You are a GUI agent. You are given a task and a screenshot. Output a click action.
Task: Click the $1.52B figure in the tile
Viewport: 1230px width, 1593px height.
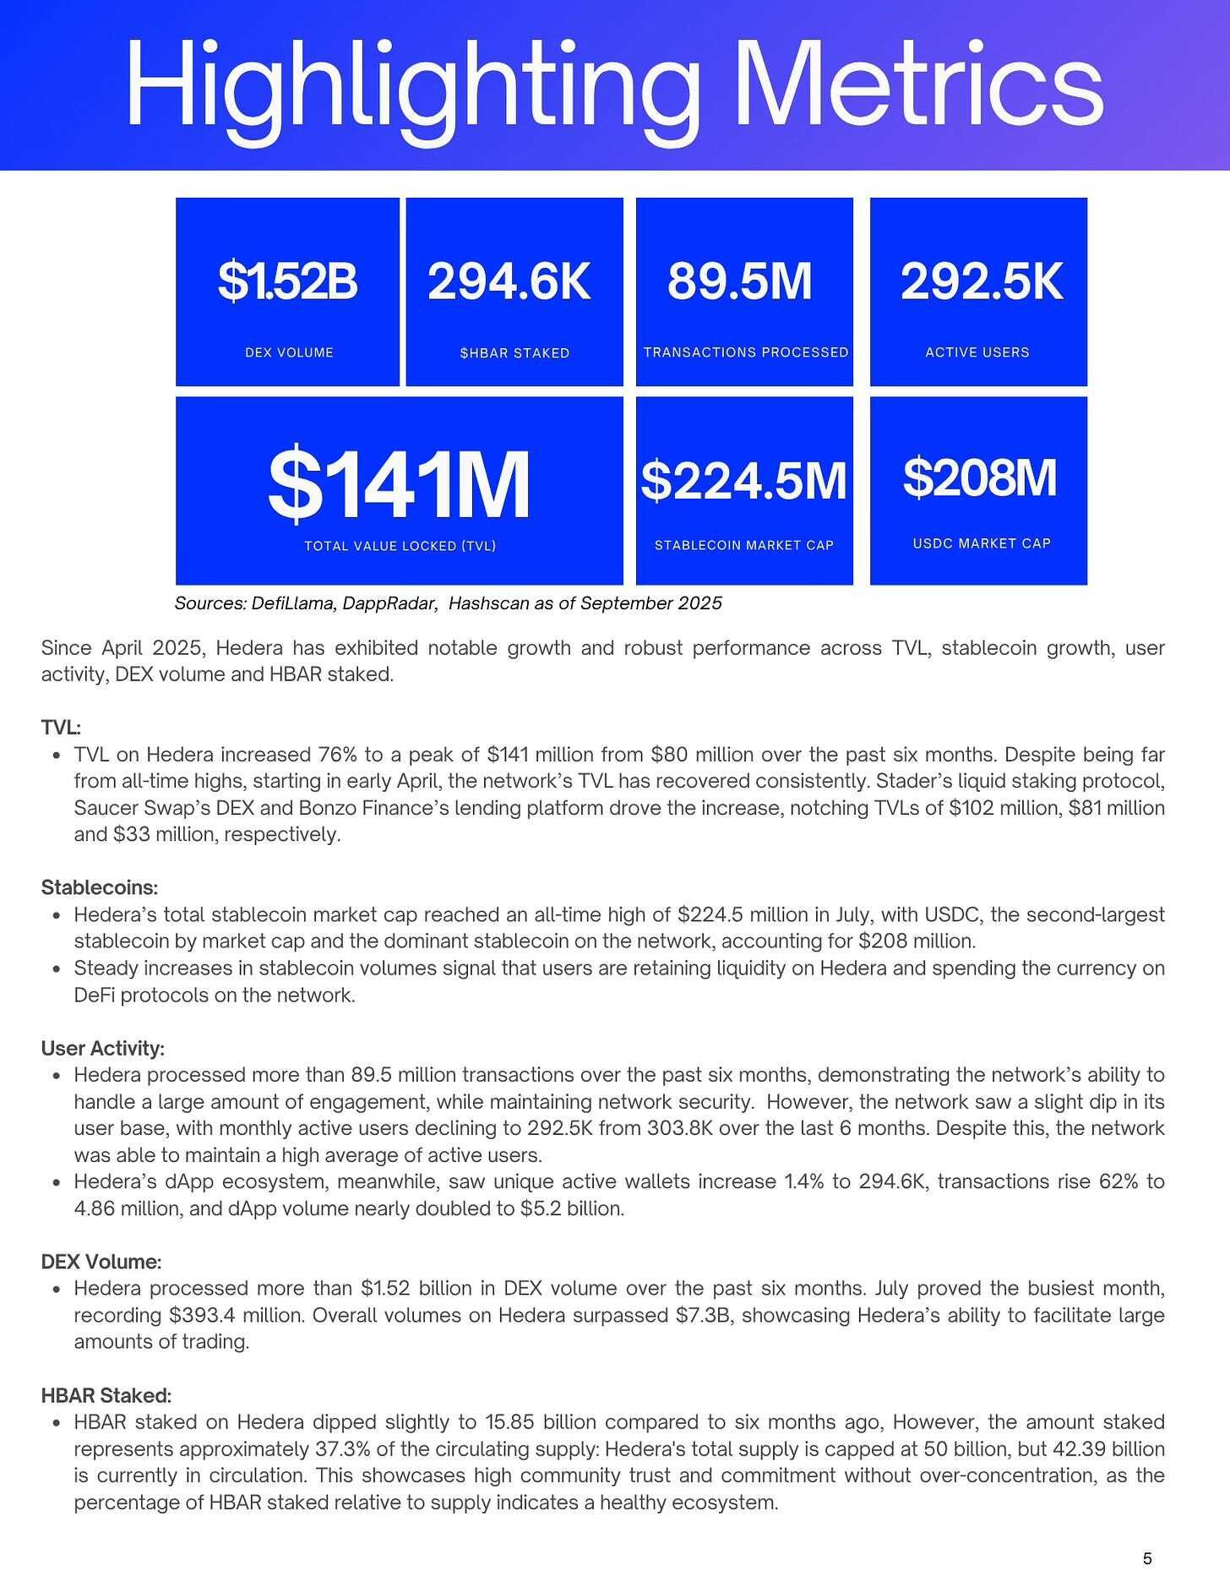click(x=288, y=281)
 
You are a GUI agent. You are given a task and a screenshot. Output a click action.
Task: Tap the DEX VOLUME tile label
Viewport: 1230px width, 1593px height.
click(x=289, y=352)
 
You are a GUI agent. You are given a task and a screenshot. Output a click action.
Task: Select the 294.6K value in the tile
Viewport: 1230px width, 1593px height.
click(x=509, y=281)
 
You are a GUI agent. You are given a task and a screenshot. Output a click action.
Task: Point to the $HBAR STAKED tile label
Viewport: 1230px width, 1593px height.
click(x=514, y=353)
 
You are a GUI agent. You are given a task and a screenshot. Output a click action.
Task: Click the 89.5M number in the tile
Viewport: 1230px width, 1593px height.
click(x=739, y=281)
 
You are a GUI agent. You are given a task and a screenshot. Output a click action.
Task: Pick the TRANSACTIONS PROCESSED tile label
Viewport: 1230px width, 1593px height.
click(x=745, y=352)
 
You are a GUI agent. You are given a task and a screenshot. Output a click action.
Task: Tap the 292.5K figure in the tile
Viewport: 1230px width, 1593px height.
click(x=981, y=281)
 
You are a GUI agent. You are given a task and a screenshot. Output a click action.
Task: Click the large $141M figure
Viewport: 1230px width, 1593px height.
click(x=399, y=485)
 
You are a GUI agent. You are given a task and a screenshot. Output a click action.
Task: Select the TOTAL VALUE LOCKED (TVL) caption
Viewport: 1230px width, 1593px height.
click(x=400, y=547)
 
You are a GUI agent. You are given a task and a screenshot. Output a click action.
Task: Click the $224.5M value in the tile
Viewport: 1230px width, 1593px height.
click(x=743, y=480)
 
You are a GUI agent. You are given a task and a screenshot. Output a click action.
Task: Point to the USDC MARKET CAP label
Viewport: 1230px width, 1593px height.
click(x=981, y=543)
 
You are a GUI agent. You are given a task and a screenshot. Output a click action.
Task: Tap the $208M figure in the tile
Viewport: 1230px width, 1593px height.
click(x=979, y=477)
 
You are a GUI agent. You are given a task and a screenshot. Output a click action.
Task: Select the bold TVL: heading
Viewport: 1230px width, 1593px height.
click(x=61, y=728)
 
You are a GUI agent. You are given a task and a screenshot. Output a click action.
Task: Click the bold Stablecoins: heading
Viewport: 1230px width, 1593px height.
click(x=100, y=888)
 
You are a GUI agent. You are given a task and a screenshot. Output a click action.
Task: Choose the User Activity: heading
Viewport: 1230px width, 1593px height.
click(x=102, y=1049)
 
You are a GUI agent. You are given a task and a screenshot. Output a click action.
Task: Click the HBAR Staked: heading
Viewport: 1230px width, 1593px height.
click(x=106, y=1395)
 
